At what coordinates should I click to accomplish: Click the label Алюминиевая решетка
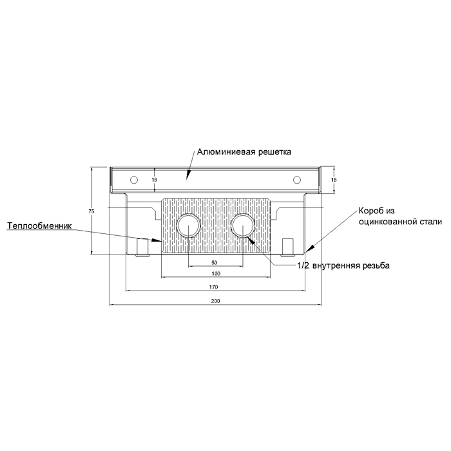tap(244, 152)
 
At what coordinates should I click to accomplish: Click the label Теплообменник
tap(39, 225)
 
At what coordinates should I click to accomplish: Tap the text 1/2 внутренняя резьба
tap(343, 265)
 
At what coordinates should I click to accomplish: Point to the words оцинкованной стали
tap(400, 222)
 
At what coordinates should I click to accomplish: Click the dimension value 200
tap(215, 301)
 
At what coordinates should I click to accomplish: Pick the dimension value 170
tap(214, 287)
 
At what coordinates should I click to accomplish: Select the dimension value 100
tap(216, 273)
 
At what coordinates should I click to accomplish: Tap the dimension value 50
tap(215, 263)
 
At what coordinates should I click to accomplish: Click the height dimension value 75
tap(91, 211)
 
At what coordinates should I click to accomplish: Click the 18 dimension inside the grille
tap(155, 180)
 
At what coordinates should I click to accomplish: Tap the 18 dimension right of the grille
tap(334, 180)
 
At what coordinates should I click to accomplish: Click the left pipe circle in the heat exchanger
tap(188, 225)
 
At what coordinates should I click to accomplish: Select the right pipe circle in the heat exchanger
tap(243, 225)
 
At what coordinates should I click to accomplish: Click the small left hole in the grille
tap(134, 180)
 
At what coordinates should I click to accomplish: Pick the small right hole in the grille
tap(297, 180)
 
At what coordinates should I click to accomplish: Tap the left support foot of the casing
tap(142, 247)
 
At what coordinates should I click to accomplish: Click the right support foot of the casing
tap(288, 247)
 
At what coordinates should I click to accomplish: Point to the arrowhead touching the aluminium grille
tap(188, 175)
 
